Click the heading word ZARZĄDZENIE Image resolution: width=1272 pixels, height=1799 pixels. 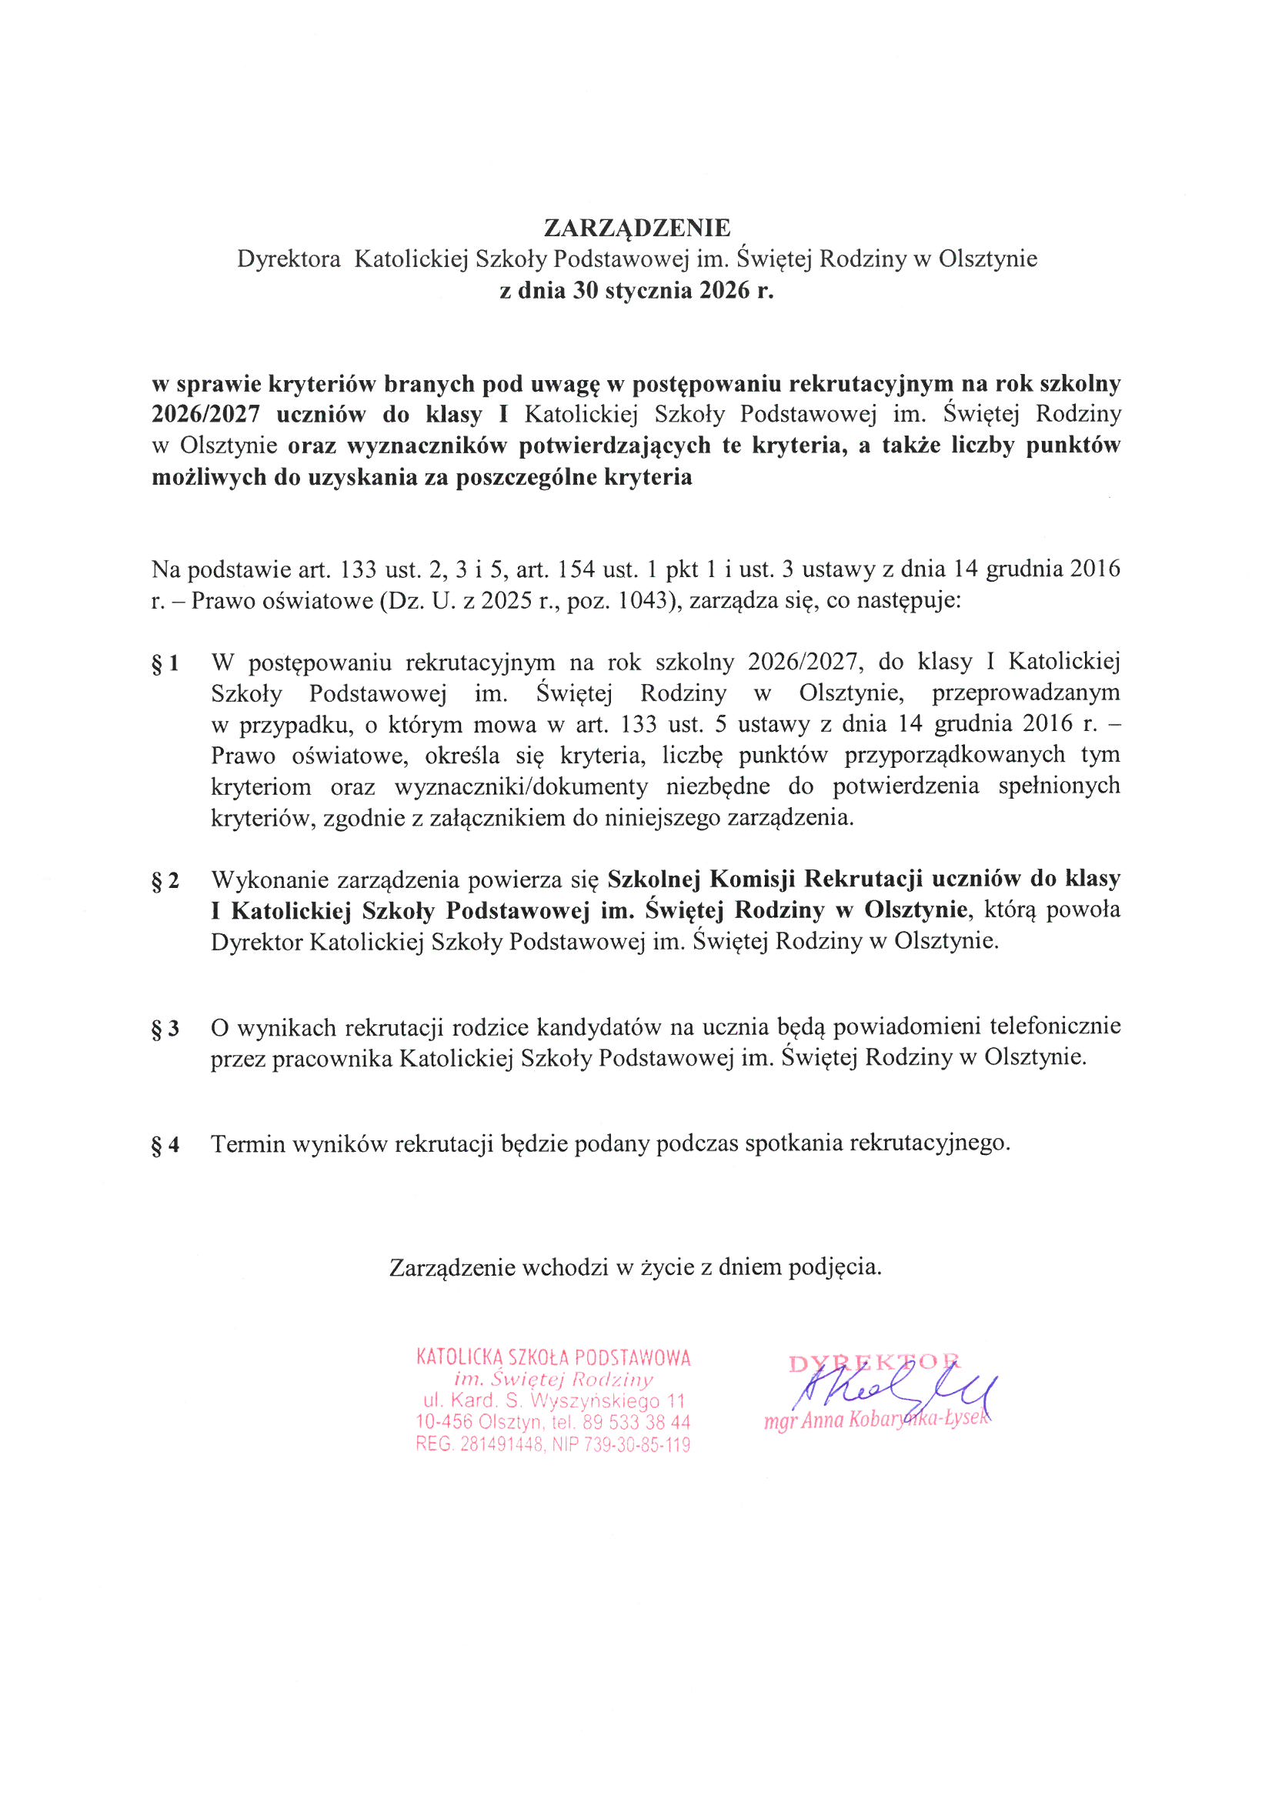click(x=636, y=227)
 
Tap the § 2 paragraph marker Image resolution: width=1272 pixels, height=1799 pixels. click(x=165, y=881)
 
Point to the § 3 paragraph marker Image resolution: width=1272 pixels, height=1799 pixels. click(x=165, y=1028)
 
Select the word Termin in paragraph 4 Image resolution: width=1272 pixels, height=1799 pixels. click(x=249, y=1145)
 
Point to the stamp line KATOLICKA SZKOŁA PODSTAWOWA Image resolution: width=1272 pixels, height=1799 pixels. click(x=553, y=1358)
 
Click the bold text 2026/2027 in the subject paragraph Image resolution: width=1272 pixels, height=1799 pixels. click(x=205, y=415)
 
